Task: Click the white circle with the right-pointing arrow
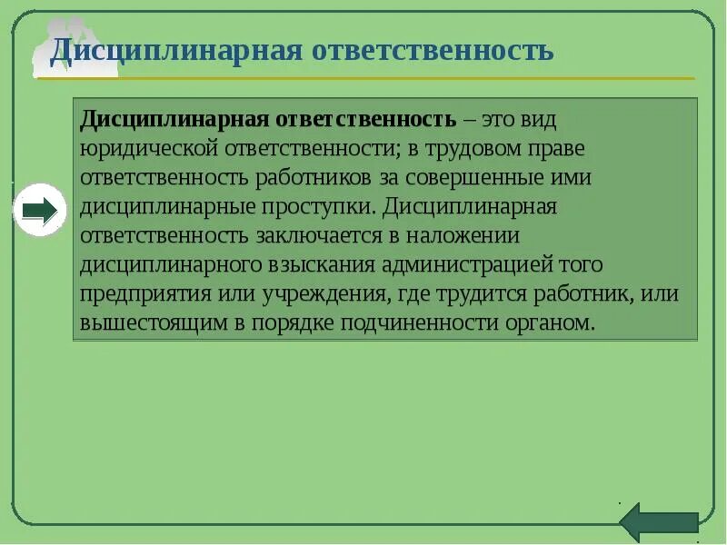pos(40,210)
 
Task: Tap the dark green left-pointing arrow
pos(659,523)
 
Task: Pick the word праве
pos(554,147)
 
